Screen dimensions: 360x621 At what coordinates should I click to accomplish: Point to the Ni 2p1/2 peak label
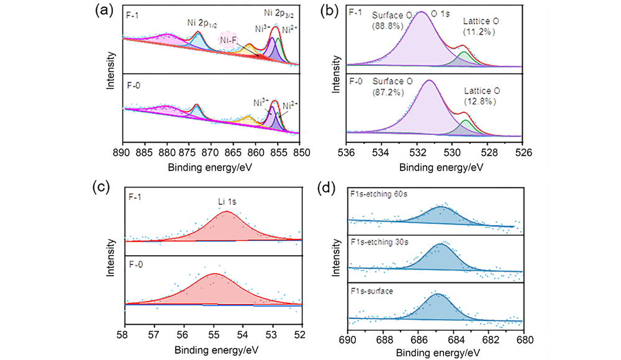click(201, 23)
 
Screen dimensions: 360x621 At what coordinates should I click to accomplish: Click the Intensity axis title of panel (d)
click(337, 261)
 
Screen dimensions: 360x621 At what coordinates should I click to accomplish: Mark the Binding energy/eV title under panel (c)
click(213, 349)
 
